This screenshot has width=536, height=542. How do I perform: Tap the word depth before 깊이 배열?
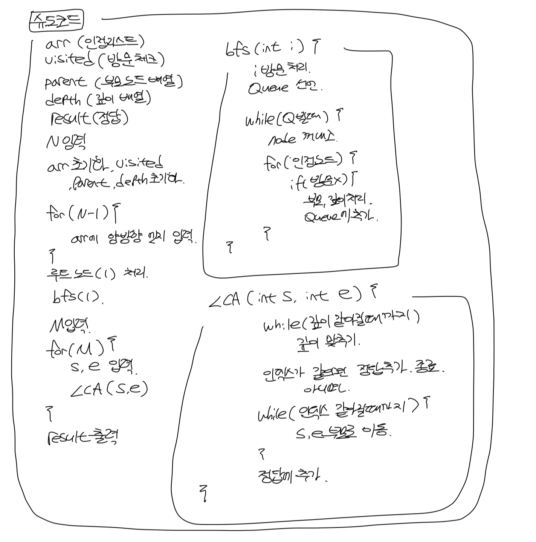pyautogui.click(x=63, y=100)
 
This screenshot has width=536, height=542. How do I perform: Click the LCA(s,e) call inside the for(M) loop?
pyautogui.click(x=109, y=389)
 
